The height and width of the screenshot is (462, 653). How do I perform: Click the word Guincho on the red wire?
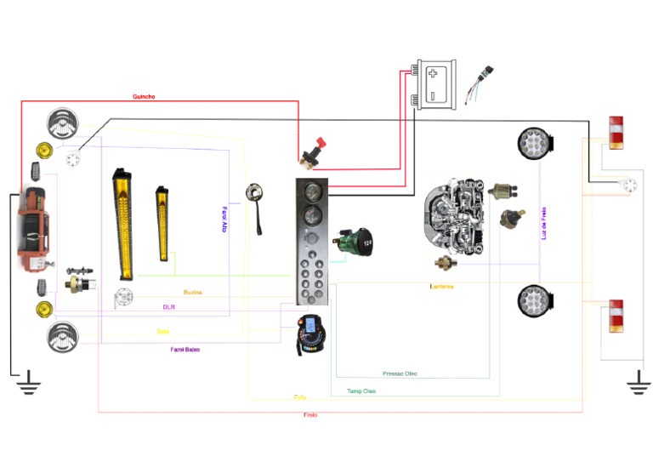click(x=144, y=97)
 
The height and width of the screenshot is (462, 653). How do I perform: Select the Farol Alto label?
click(x=224, y=219)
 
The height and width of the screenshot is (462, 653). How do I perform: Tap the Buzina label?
click(x=192, y=292)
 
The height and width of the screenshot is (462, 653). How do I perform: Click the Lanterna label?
click(x=441, y=287)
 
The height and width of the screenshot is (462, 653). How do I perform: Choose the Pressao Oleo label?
click(x=400, y=374)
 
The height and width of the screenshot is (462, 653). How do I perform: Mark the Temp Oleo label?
click(x=361, y=391)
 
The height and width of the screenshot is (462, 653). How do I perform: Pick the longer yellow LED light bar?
click(x=124, y=224)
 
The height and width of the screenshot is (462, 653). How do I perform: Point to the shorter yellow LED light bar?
click(x=162, y=224)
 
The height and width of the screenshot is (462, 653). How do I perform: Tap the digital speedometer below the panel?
click(x=311, y=335)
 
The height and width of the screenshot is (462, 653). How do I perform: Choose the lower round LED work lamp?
click(x=535, y=301)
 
